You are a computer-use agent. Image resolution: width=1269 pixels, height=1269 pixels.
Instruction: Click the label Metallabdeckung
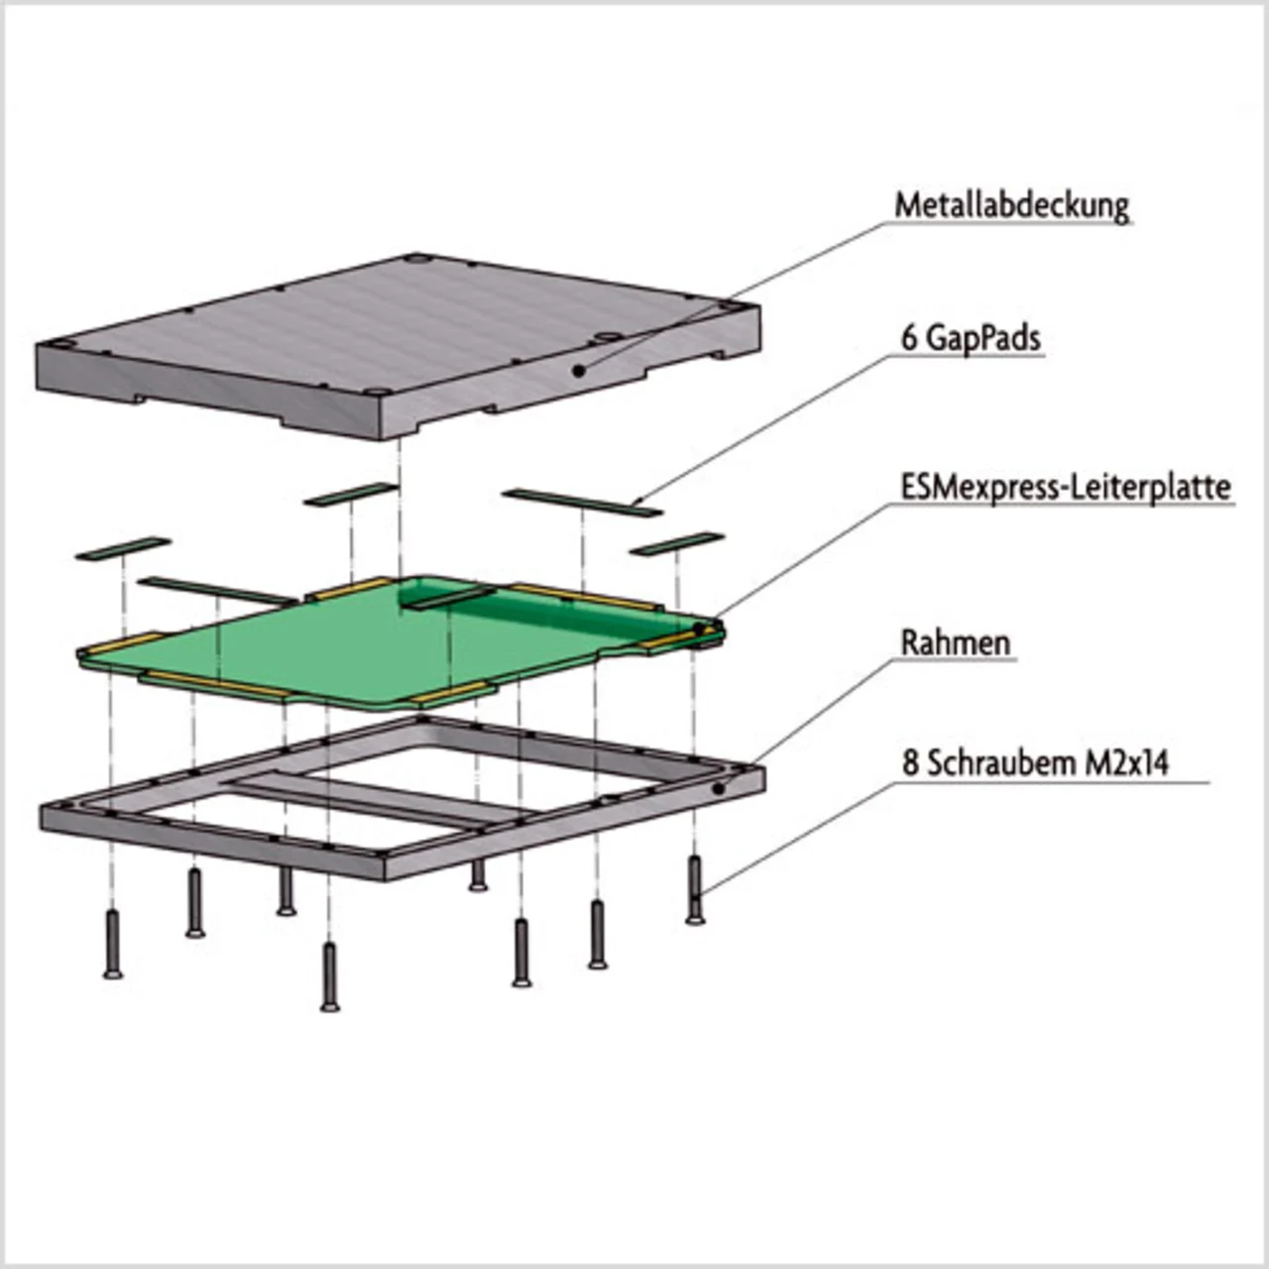(x=1011, y=207)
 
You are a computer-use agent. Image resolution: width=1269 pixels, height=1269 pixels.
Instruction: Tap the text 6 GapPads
(x=971, y=338)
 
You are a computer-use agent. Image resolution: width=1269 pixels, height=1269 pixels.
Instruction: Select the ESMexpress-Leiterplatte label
(x=1066, y=488)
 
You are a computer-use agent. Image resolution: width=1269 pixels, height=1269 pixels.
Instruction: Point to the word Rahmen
(x=955, y=642)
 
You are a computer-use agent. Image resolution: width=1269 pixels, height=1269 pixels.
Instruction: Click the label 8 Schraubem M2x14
(x=1035, y=764)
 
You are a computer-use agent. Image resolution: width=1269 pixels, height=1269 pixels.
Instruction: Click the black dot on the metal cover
(x=579, y=372)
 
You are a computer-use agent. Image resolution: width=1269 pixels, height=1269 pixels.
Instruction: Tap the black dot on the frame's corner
(x=720, y=787)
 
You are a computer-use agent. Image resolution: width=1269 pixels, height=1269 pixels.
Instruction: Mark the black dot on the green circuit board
(x=699, y=630)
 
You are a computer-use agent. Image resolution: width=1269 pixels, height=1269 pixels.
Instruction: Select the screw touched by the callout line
(x=695, y=889)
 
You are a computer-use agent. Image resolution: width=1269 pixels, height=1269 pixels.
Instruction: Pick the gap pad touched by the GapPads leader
(x=582, y=503)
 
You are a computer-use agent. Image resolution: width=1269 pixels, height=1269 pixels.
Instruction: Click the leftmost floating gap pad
(x=123, y=548)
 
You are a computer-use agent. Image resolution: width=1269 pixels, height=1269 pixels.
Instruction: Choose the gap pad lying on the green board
(x=450, y=597)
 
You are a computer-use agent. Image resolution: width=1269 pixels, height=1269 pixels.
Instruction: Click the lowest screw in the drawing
(x=330, y=977)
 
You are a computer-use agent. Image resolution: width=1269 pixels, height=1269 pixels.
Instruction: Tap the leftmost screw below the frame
(x=113, y=945)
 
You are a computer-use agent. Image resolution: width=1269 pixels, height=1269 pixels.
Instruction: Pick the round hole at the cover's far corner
(x=416, y=259)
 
